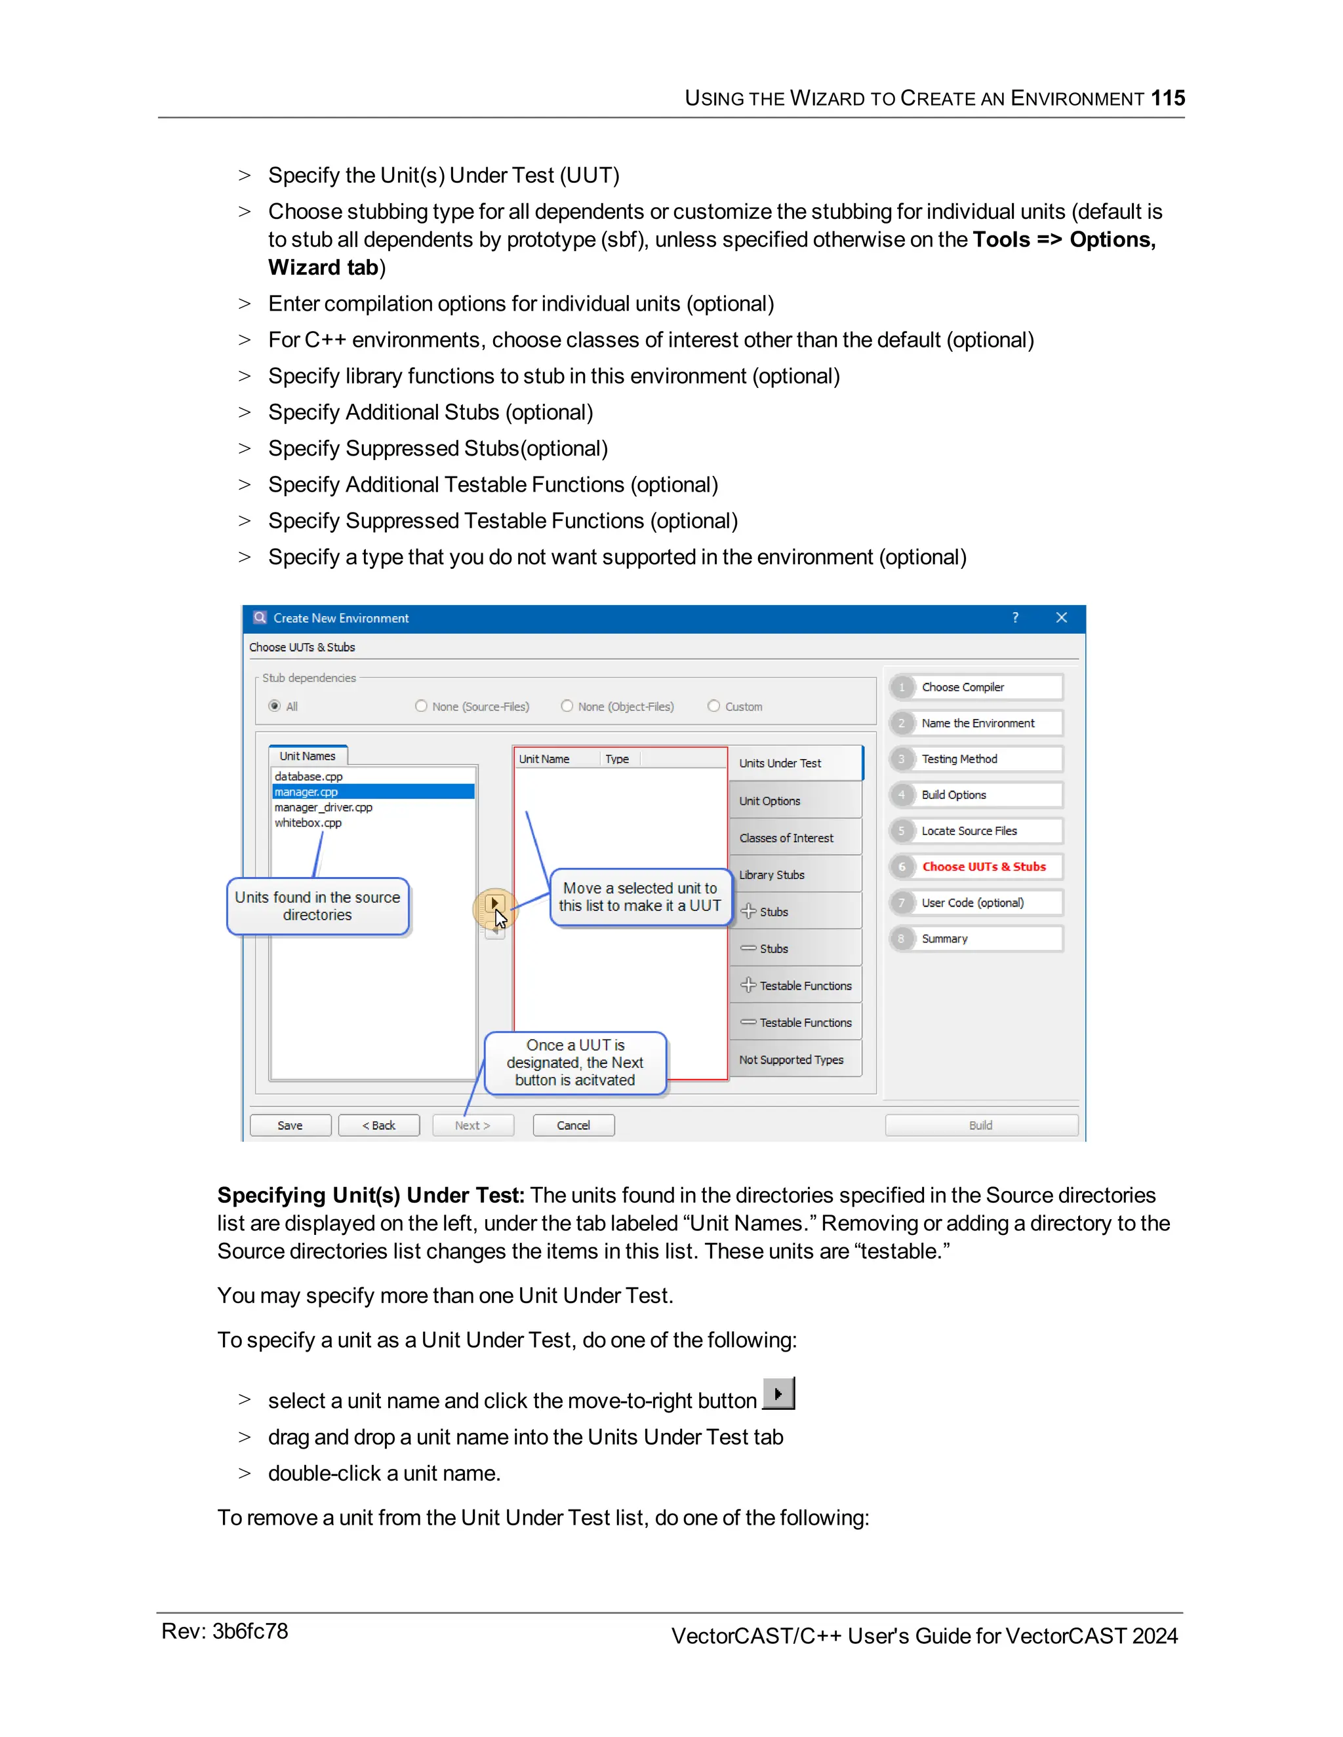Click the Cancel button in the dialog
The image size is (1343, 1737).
point(573,1125)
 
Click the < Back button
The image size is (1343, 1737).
point(379,1125)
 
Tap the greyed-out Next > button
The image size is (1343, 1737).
point(473,1125)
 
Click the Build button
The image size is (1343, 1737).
point(980,1125)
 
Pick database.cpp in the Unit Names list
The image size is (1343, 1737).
point(309,776)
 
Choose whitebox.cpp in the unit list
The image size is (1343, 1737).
point(308,823)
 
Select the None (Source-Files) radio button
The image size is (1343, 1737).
point(422,706)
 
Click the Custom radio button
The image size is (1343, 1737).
point(713,706)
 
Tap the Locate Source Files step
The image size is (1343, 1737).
point(969,831)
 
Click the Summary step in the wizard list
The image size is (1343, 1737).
point(944,939)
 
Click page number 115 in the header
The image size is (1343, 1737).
point(1167,98)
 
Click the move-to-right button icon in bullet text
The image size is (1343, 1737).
point(778,1394)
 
